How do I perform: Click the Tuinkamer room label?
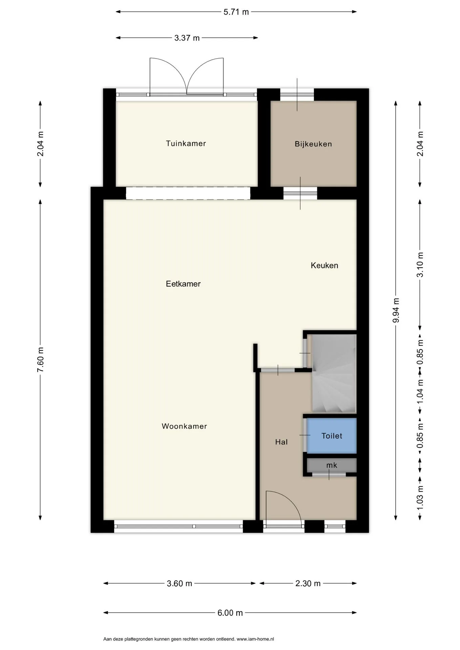[x=186, y=144]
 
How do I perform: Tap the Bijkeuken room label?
[x=313, y=144]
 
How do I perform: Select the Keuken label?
[x=325, y=265]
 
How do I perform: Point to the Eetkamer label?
[x=183, y=284]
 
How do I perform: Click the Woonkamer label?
[x=184, y=426]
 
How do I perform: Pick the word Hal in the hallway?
[x=281, y=442]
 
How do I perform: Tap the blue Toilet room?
[x=332, y=436]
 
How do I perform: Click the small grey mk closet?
[x=332, y=465]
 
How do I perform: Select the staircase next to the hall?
[x=334, y=374]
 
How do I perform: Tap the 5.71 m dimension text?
[x=236, y=12]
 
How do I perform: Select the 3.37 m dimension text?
[x=187, y=38]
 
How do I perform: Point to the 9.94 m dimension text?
[x=396, y=310]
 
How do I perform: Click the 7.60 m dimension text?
[x=40, y=360]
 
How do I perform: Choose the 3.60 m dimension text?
[x=180, y=583]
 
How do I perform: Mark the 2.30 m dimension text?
[x=308, y=583]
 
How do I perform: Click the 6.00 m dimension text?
[x=230, y=613]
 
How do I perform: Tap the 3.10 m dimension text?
[x=420, y=265]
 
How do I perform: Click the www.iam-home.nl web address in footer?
[x=255, y=639]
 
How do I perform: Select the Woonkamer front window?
[x=179, y=526]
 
